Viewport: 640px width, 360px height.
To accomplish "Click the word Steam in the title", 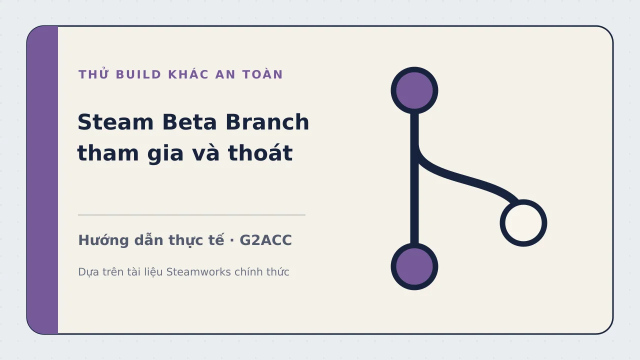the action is [115, 122].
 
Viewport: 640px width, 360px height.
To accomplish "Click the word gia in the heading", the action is [165, 154].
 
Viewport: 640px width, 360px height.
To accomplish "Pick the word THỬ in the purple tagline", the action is [93, 74].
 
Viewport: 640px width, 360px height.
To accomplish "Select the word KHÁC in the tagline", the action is [188, 74].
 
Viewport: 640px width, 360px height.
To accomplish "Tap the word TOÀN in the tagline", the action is [262, 74].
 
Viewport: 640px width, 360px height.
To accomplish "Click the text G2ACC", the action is [265, 240].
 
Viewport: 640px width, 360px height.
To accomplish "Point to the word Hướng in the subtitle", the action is [103, 240].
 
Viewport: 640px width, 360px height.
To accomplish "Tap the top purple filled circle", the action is [414, 90].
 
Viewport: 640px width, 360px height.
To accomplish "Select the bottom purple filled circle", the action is [414, 266].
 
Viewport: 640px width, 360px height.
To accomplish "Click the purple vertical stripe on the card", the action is [42, 180].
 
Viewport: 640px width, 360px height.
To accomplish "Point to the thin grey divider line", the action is [191, 215].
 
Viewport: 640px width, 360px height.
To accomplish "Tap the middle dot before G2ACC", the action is [231, 240].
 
